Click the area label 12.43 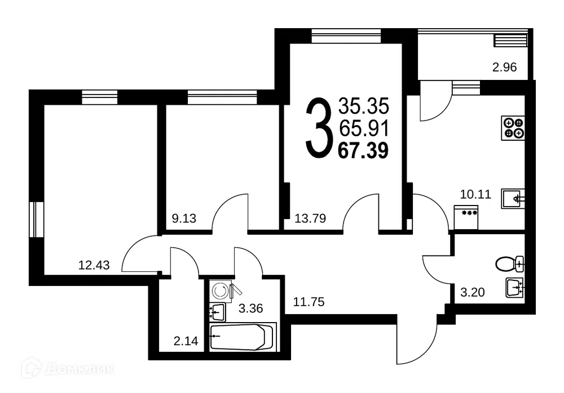pos(94,265)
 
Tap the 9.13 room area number pos(184,218)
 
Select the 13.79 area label pos(310,218)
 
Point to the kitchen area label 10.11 pos(475,194)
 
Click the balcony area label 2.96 pos(504,67)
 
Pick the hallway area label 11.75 pos(309,302)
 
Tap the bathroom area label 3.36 pos(251,308)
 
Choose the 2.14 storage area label pos(186,340)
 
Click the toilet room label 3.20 pos(472,292)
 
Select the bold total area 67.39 pos(363,150)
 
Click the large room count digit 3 pos(318,127)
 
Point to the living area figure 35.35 pos(364,106)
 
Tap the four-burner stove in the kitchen pos(513,128)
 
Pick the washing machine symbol pos(220,291)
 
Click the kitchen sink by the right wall pos(513,199)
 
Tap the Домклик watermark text pos(80,369)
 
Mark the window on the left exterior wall pos(36,220)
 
